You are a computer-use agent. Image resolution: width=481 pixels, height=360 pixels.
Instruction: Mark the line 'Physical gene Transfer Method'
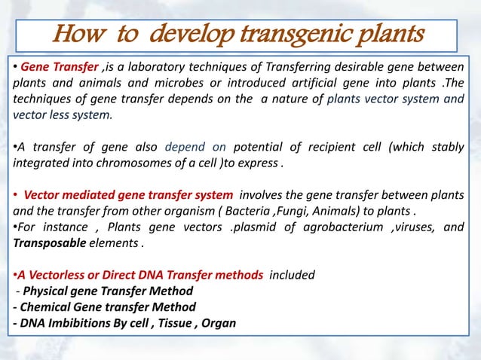(108, 291)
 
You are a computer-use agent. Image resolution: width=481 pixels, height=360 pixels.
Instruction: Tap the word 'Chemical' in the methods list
(38, 307)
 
